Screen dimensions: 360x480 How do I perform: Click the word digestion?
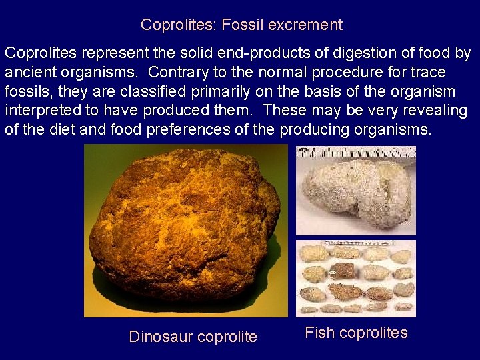361,53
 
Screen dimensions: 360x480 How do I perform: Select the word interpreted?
42,110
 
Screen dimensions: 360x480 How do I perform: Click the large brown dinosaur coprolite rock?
183,227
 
